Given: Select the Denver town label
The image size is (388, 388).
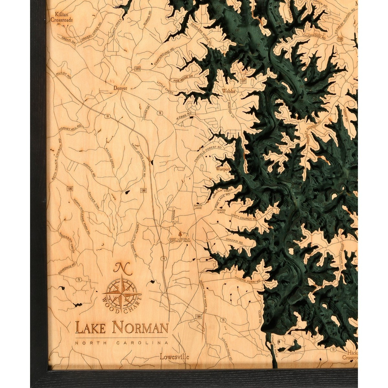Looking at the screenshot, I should point(121,88).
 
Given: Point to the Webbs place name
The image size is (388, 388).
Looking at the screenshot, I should point(228,91).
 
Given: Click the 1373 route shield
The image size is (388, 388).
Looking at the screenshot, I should point(138,69).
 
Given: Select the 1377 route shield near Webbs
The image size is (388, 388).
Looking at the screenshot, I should point(243,81).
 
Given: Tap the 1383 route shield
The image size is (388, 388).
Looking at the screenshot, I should point(70,188).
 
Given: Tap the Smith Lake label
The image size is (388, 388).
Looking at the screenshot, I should point(198,207).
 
